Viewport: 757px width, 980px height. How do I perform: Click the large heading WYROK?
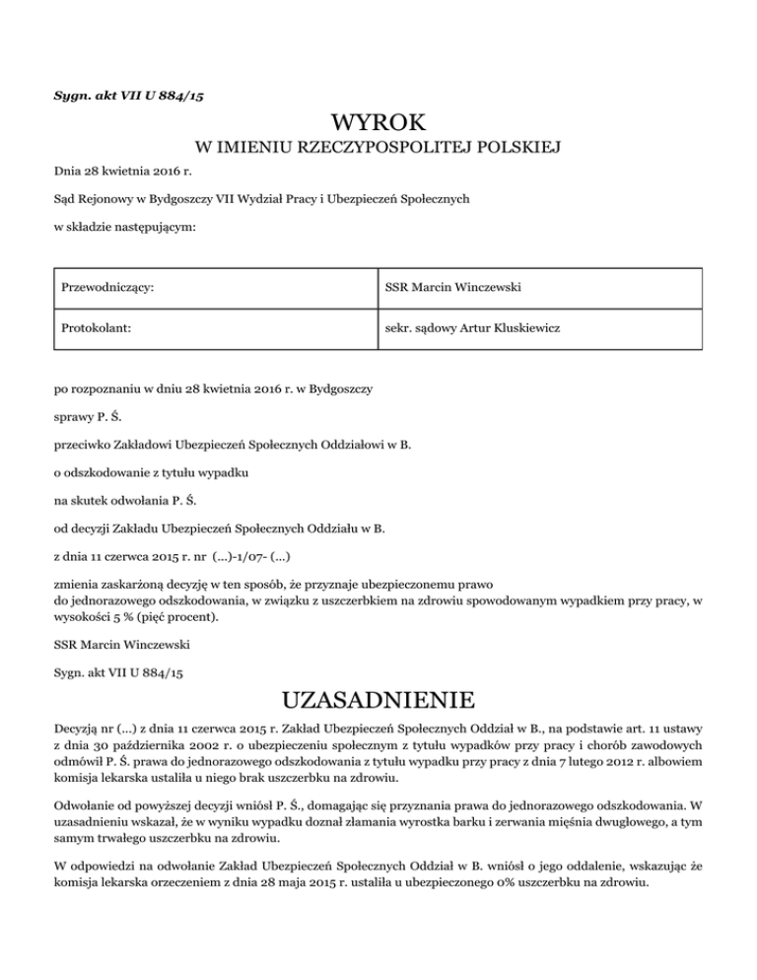point(378,123)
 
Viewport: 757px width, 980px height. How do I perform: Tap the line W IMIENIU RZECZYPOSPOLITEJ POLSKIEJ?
point(378,149)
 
